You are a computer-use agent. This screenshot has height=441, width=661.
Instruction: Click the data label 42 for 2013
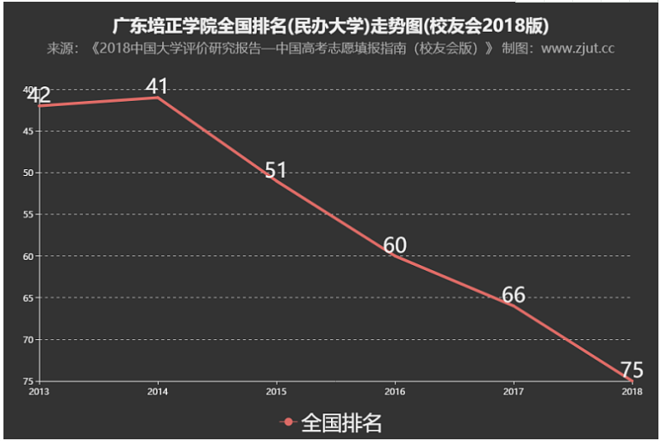click(x=39, y=95)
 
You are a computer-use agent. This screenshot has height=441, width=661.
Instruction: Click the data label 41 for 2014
click(x=157, y=86)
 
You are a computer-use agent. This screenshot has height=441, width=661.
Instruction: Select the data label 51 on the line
click(x=276, y=170)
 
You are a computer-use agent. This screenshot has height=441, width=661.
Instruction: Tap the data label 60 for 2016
click(x=395, y=245)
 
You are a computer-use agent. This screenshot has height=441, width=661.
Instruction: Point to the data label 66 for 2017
click(x=514, y=295)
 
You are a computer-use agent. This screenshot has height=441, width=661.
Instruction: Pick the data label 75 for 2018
click(x=632, y=370)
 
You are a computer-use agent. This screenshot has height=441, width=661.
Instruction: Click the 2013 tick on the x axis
click(x=39, y=390)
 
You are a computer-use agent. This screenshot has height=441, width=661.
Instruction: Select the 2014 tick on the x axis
click(x=157, y=390)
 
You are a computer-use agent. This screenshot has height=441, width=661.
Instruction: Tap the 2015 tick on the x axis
click(x=276, y=390)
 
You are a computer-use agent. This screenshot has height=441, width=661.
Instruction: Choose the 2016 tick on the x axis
click(x=395, y=390)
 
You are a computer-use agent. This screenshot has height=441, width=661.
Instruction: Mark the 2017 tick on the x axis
click(x=514, y=390)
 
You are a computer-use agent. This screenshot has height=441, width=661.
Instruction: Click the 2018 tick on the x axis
click(x=632, y=390)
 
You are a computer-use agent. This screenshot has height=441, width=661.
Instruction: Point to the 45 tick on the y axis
click(x=28, y=131)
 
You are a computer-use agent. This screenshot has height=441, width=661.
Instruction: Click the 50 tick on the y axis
click(x=28, y=173)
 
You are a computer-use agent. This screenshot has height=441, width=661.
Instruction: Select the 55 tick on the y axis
click(x=28, y=214)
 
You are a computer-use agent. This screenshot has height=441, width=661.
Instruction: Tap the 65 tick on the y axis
click(x=28, y=298)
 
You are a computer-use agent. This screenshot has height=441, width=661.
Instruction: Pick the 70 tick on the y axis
click(x=28, y=339)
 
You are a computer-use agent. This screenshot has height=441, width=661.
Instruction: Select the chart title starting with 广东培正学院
click(x=331, y=23)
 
